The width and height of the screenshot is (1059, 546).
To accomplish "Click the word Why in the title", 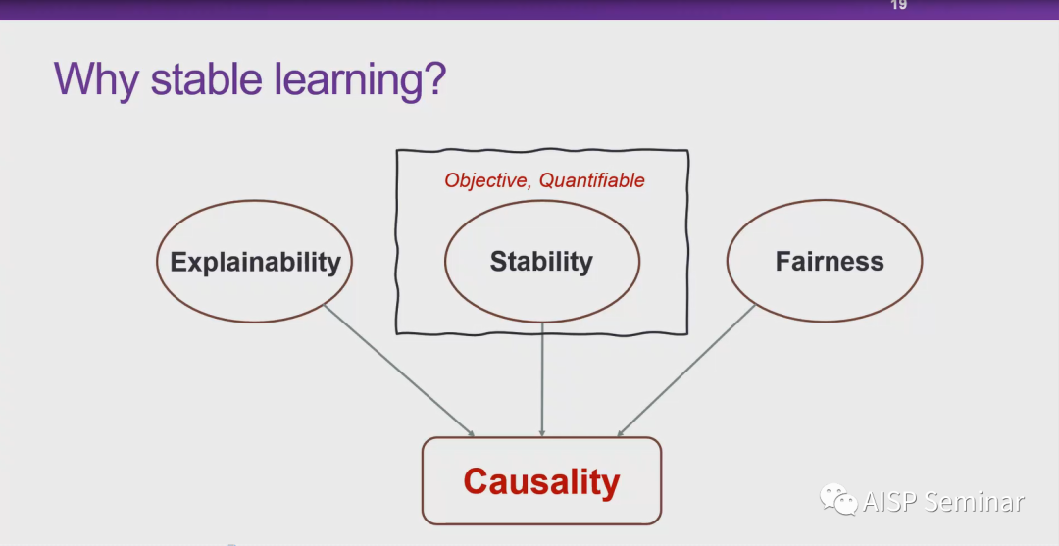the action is (x=96, y=77).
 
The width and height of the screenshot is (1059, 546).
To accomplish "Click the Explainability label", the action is (x=255, y=262).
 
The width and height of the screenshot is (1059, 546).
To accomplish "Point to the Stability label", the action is (x=541, y=262).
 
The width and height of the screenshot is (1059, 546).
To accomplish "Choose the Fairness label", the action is (x=830, y=262).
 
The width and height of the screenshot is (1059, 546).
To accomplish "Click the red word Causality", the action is (x=541, y=481).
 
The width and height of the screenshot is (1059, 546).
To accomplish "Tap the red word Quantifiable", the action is (x=592, y=180).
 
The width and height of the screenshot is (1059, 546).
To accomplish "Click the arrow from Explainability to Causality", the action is (x=397, y=370).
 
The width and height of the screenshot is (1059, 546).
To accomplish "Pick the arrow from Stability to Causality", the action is (x=542, y=377).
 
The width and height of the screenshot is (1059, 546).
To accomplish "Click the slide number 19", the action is (x=898, y=5).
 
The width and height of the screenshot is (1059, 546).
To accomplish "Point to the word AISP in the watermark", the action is (x=888, y=502).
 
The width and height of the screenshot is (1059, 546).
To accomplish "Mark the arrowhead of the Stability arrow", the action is (x=542, y=432).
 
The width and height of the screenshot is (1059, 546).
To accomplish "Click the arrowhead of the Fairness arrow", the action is (x=620, y=432).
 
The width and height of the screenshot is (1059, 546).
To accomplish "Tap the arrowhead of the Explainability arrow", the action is (x=471, y=433).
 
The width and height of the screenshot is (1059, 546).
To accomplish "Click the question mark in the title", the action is (x=433, y=77).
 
